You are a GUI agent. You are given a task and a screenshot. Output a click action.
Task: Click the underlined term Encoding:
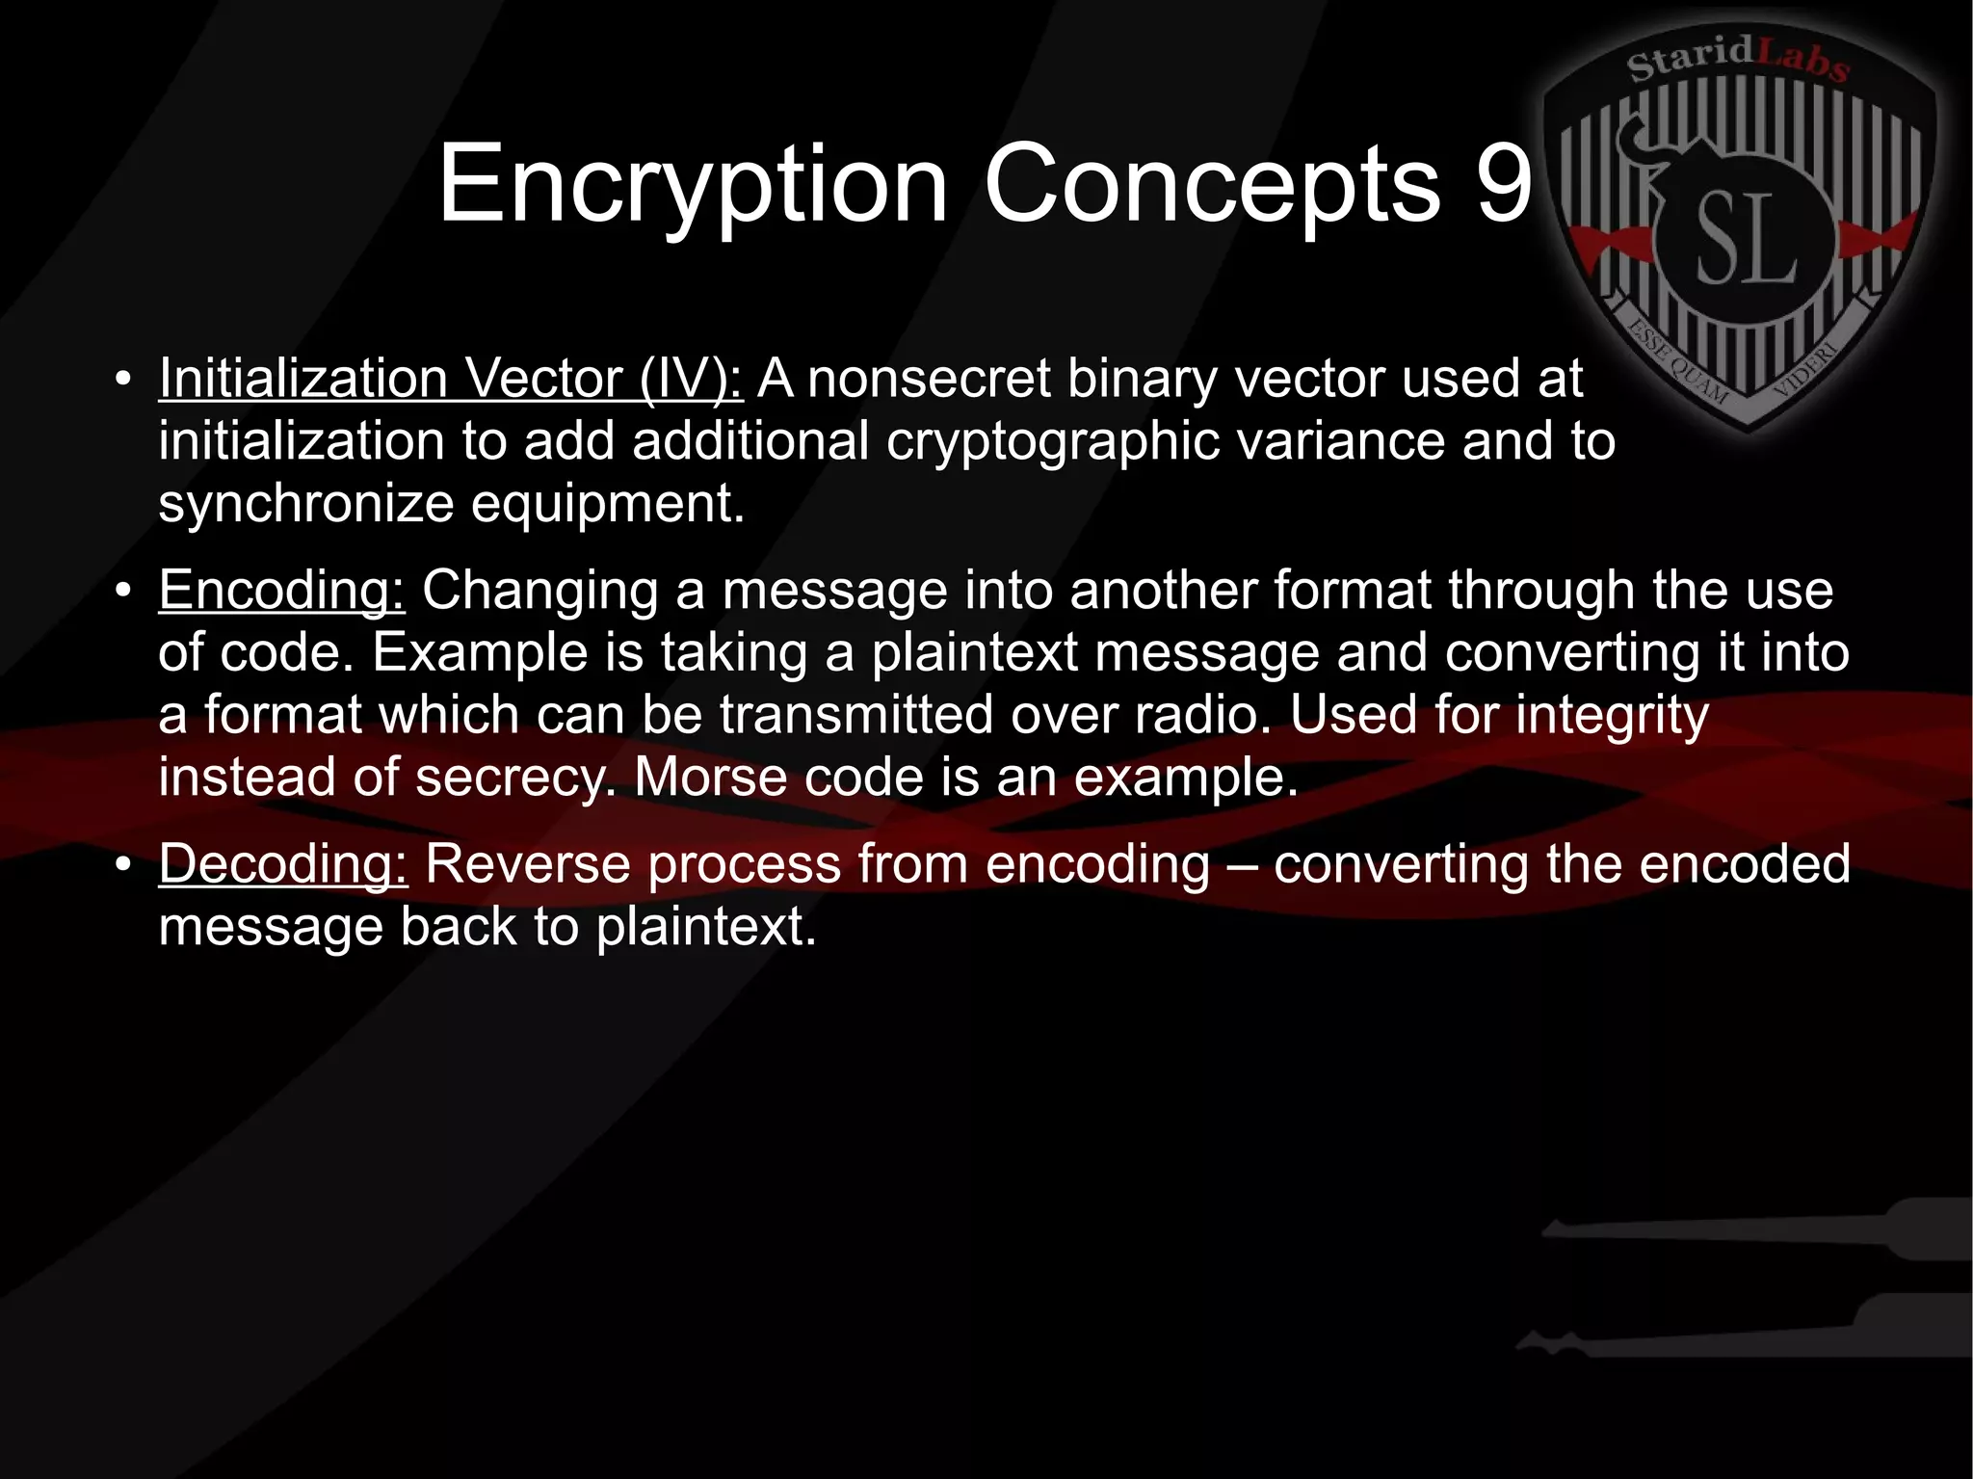point(282,590)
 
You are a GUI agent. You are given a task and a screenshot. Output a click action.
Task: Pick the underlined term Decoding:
point(283,863)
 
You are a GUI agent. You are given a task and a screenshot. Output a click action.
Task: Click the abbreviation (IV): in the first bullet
point(691,378)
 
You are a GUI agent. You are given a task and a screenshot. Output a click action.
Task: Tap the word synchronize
point(306,504)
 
